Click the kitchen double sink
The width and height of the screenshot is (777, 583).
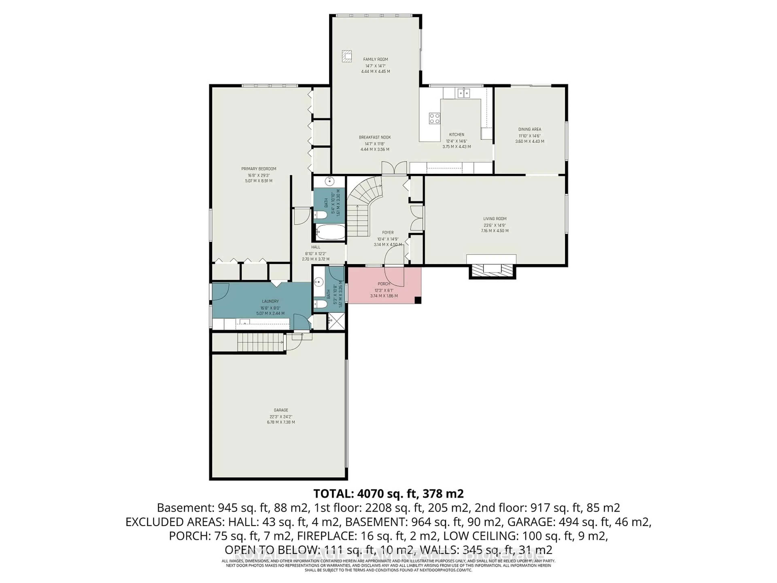pyautogui.click(x=464, y=93)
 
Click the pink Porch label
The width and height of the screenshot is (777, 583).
pyautogui.click(x=384, y=284)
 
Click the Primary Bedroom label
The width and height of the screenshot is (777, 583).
pyautogui.click(x=259, y=169)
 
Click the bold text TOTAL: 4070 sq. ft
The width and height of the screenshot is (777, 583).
pyautogui.click(x=388, y=494)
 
